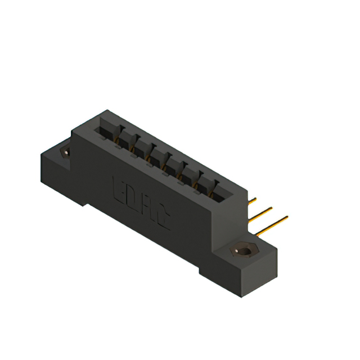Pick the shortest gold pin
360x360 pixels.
pyautogui.click(x=252, y=200)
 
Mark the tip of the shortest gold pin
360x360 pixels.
pyautogui.click(x=256, y=198)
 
